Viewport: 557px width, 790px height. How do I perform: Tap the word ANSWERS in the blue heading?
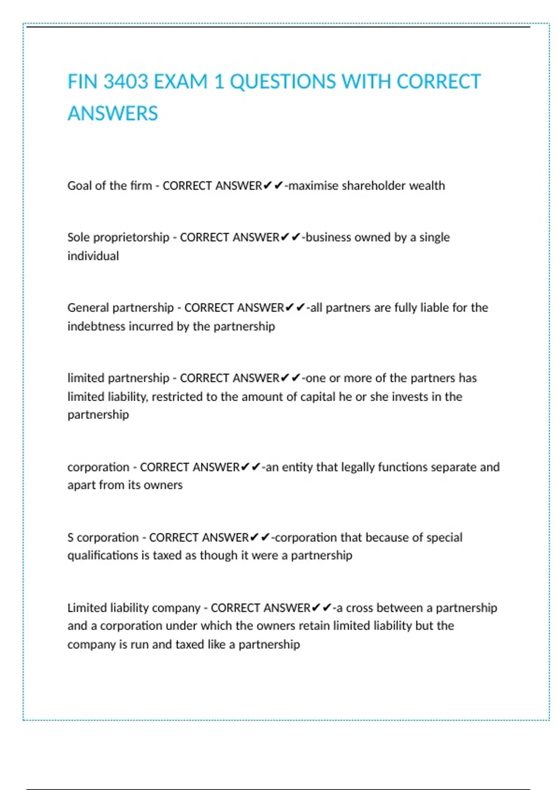pos(113,113)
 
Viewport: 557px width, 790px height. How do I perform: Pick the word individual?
pos(93,256)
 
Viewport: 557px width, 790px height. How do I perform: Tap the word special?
pos(444,538)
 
